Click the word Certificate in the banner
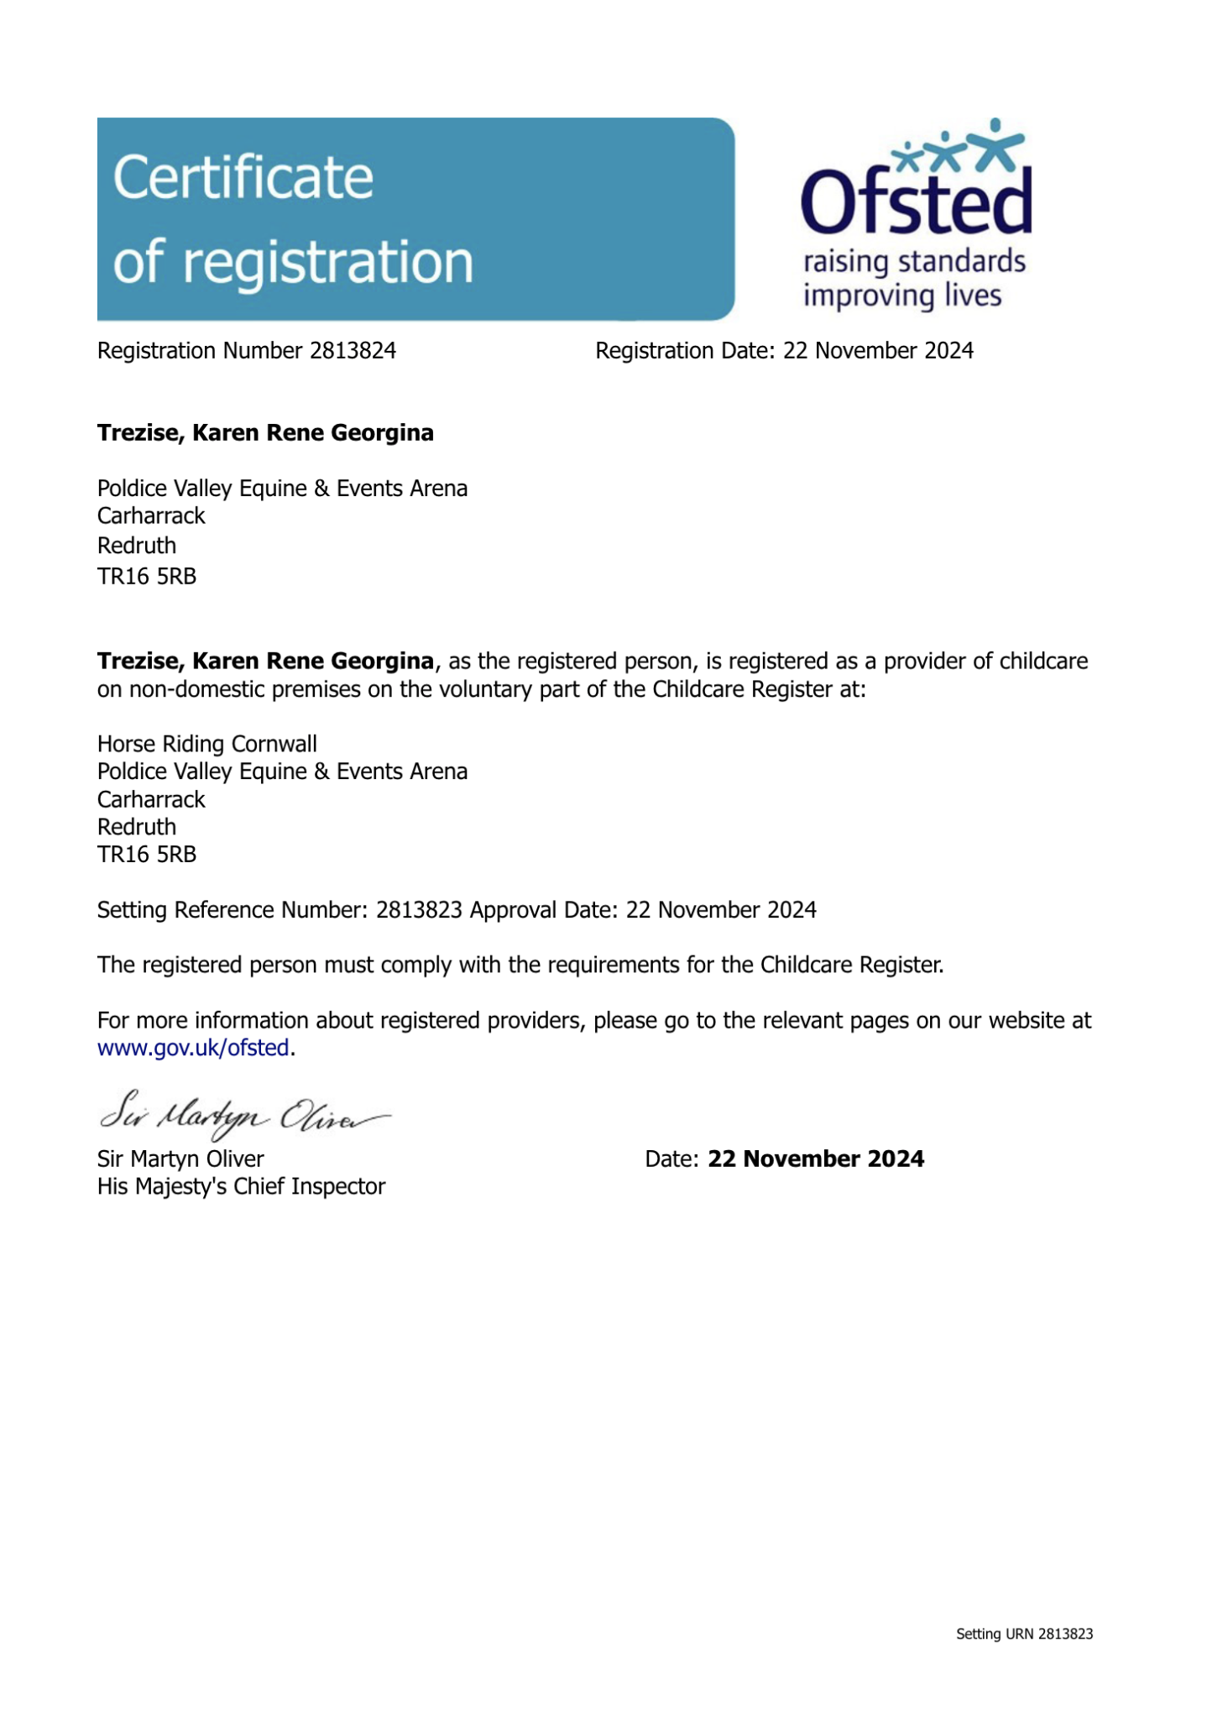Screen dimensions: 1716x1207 (243, 178)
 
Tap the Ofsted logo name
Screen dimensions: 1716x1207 (916, 201)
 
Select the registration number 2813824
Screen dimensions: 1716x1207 (353, 351)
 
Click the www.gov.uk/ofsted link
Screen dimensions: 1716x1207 (193, 1048)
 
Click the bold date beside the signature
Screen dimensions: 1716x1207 (816, 1159)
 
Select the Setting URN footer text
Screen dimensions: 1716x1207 (1024, 1634)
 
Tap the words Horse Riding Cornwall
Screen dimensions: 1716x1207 (207, 745)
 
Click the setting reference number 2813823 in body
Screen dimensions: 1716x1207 (419, 910)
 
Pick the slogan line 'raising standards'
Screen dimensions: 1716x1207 (914, 262)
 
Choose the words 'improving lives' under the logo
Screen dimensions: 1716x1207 (902, 296)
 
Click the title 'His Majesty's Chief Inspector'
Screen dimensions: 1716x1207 (241, 1186)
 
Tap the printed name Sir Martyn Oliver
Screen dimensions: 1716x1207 (180, 1159)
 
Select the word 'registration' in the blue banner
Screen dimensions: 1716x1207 (327, 262)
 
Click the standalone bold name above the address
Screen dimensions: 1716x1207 (265, 433)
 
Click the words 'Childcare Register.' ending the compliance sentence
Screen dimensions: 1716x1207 (852, 965)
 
